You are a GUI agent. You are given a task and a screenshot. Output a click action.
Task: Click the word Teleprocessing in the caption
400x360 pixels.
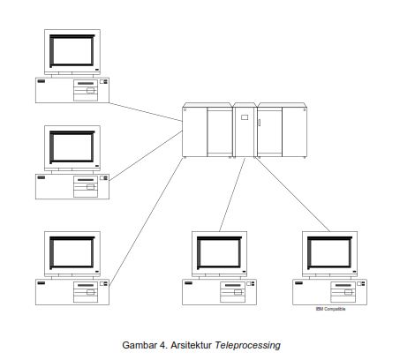(250, 344)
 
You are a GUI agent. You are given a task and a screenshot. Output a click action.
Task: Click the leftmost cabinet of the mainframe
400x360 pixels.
(194, 132)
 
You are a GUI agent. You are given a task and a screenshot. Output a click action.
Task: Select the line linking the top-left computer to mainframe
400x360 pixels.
(146, 109)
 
